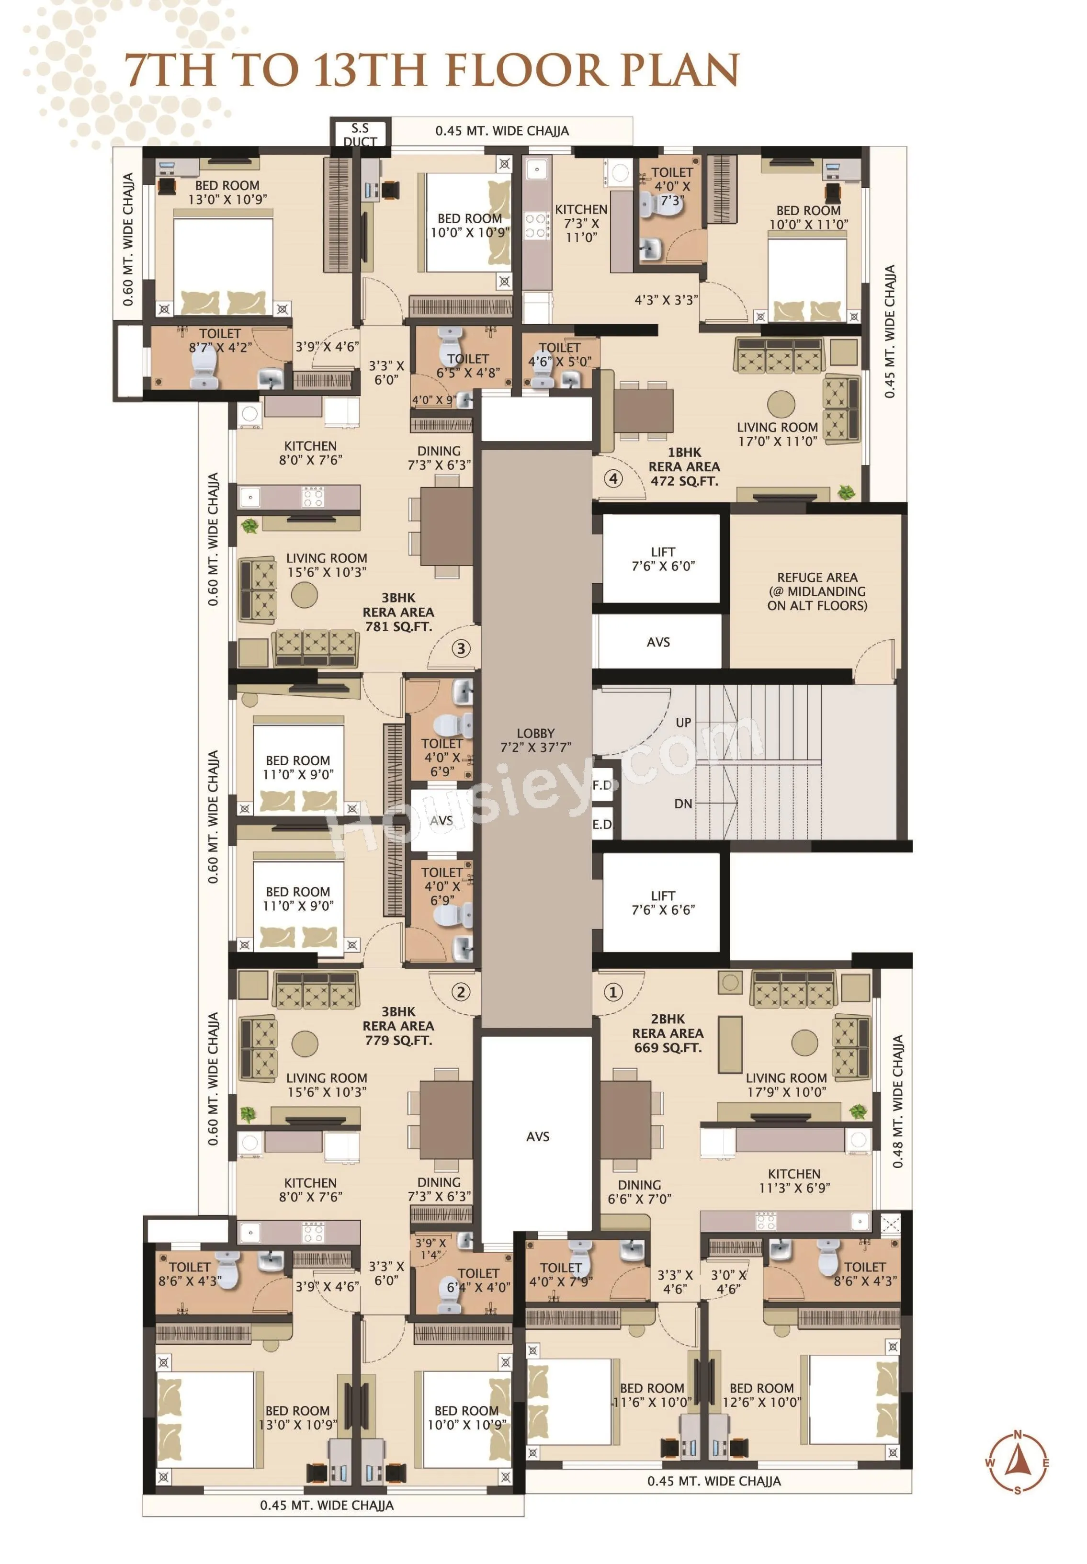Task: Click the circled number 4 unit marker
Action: [x=613, y=478]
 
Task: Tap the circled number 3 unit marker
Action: [x=461, y=648]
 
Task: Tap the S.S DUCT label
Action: [x=360, y=134]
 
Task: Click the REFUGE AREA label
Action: [x=817, y=590]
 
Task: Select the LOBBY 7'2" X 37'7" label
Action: [x=535, y=740]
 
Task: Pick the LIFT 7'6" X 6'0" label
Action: [x=663, y=558]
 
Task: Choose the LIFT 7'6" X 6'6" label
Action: [x=663, y=903]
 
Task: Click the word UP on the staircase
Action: [x=683, y=722]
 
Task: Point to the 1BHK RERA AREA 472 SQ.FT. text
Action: [x=684, y=466]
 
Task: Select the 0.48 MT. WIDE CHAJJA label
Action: [x=898, y=1101]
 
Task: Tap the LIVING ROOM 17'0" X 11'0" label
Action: [x=777, y=434]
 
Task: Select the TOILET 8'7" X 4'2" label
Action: [x=220, y=340]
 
